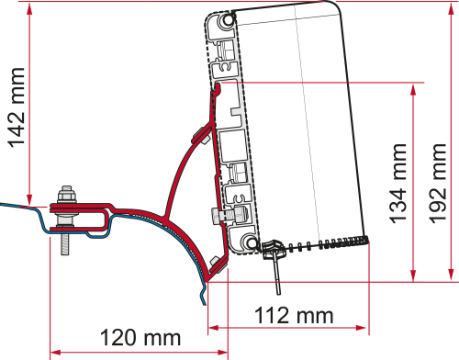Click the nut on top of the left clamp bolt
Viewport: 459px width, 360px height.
65,195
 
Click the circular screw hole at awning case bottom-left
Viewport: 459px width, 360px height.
248,241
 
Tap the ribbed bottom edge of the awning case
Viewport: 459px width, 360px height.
321,245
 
